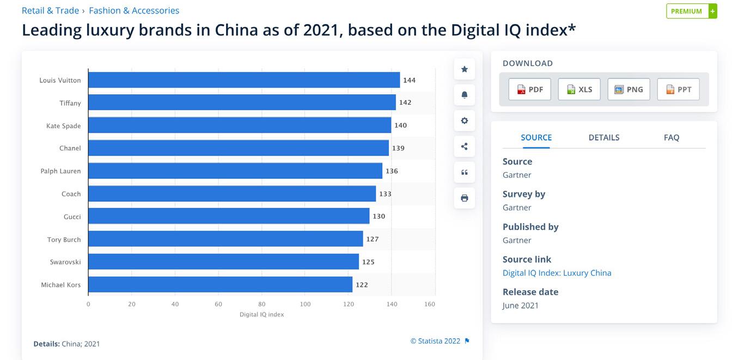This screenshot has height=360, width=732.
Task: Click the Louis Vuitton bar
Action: pos(244,80)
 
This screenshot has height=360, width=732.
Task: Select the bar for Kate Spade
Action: pos(240,125)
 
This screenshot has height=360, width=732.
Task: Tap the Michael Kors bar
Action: pos(220,284)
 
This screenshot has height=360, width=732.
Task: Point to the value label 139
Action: pos(398,148)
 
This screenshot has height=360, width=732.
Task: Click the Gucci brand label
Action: pos(72,217)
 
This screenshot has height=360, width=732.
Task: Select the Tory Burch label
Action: pos(64,240)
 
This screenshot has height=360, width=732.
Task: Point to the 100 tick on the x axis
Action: pos(305,304)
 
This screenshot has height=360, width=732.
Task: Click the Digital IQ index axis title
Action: pos(261,314)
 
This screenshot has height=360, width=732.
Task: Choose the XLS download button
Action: pos(579,89)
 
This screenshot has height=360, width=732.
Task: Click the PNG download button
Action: pos(629,89)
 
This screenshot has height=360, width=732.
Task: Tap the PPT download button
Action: pos(678,89)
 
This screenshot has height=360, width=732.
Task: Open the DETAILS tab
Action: pos(603,137)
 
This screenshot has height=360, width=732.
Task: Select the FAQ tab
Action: pos(671,137)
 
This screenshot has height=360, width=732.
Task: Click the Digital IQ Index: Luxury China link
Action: pos(557,273)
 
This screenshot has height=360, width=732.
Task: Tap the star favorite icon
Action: pos(464,69)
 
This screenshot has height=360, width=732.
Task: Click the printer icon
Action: pos(464,198)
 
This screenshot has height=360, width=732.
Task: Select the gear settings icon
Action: pos(464,121)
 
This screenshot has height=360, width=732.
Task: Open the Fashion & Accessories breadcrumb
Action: pos(134,10)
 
